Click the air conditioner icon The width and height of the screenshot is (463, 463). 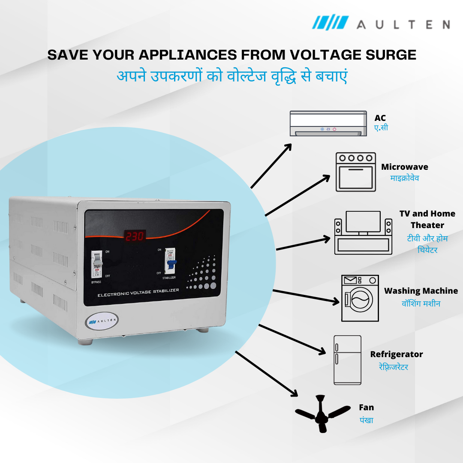click(x=328, y=123)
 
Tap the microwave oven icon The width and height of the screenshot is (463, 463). click(x=355, y=171)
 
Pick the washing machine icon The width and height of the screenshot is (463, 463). click(x=360, y=298)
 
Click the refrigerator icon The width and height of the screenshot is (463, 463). click(x=347, y=360)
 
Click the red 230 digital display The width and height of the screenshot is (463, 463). click(x=135, y=236)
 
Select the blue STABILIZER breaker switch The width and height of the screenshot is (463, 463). click(x=170, y=261)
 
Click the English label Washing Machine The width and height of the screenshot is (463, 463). click(x=421, y=291)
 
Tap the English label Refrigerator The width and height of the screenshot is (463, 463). click(x=396, y=354)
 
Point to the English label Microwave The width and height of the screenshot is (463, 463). click(x=404, y=167)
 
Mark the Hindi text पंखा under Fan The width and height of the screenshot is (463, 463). click(x=366, y=420)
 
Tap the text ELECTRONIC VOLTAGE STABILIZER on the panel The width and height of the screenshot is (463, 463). click(x=138, y=293)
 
